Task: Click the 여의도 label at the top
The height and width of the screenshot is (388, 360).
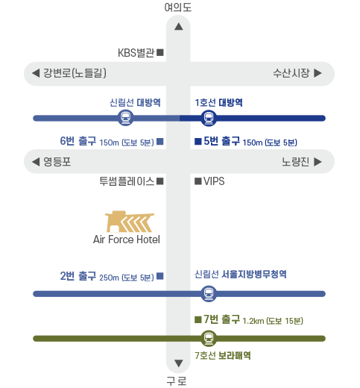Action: pyautogui.click(x=178, y=7)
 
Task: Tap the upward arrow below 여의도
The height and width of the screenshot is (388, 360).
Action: pyautogui.click(x=178, y=26)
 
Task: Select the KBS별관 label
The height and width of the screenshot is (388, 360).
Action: pyautogui.click(x=136, y=53)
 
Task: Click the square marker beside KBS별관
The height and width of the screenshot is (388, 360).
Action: pyautogui.click(x=160, y=52)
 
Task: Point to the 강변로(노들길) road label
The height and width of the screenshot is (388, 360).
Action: pyautogui.click(x=75, y=73)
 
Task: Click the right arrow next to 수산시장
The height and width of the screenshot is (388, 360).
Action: pyautogui.click(x=318, y=73)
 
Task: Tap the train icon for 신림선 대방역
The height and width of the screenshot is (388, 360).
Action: pyautogui.click(x=126, y=118)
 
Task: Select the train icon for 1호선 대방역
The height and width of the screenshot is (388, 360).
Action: pyautogui.click(x=209, y=118)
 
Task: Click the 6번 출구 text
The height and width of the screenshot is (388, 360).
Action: pyautogui.click(x=78, y=141)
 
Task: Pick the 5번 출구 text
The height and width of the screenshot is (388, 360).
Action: pyautogui.click(x=221, y=141)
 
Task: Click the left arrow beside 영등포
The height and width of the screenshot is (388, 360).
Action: pyautogui.click(x=36, y=162)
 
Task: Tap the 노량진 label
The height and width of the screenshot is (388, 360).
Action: pyautogui.click(x=295, y=162)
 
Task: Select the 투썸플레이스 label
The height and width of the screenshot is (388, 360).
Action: pyautogui.click(x=127, y=181)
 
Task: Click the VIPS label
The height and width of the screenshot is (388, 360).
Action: pyautogui.click(x=214, y=181)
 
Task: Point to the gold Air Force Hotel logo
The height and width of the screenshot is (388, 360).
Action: pyautogui.click(x=129, y=222)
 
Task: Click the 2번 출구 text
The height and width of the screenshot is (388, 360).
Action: pyautogui.click(x=78, y=276)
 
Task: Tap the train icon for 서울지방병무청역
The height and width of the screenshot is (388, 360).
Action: pyautogui.click(x=209, y=293)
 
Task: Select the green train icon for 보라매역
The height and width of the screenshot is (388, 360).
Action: pyautogui.click(x=209, y=338)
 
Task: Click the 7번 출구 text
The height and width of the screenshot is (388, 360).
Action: pyautogui.click(x=221, y=319)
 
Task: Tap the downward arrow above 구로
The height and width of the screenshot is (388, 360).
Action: pyautogui.click(x=178, y=363)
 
